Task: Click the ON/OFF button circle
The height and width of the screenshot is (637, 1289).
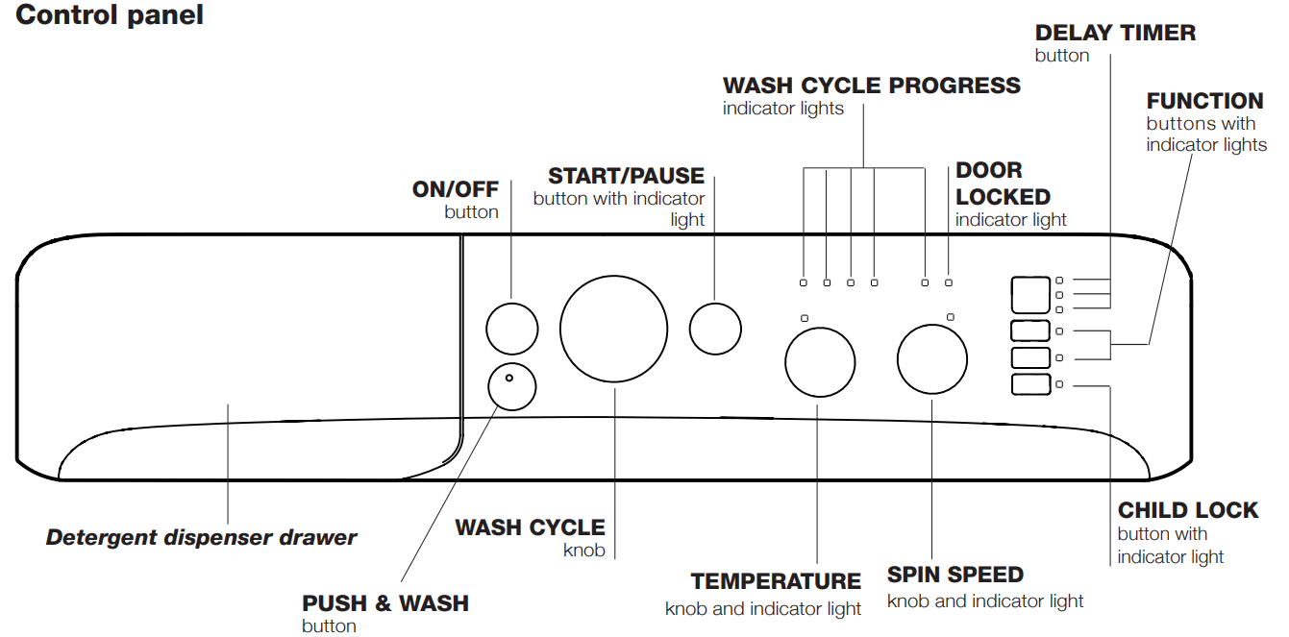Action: point(511,329)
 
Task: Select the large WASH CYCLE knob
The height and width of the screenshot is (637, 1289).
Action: point(613,329)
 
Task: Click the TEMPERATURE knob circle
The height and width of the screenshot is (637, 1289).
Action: point(819,362)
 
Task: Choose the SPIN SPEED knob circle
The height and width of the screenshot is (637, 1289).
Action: point(931,359)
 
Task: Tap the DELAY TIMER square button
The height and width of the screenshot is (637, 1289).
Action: point(1029,295)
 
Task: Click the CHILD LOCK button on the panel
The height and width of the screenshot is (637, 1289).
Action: point(1029,385)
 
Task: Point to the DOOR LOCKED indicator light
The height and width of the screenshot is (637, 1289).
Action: point(949,282)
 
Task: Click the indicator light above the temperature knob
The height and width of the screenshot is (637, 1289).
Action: point(805,318)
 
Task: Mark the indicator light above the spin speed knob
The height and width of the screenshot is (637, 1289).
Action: point(950,317)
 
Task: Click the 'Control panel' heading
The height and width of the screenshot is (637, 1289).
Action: point(110,16)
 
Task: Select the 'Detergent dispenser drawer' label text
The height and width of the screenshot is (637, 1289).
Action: point(201,537)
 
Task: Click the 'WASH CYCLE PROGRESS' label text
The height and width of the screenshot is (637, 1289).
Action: point(871,86)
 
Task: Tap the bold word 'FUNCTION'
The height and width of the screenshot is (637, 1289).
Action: point(1204,101)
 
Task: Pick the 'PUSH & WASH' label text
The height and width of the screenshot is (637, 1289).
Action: point(385,603)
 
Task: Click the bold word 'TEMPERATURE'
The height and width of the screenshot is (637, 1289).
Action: point(776,581)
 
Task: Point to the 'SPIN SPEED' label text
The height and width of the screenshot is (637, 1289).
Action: point(954,575)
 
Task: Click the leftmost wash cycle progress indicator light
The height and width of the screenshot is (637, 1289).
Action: point(804,282)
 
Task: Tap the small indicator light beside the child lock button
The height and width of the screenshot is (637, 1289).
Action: point(1059,385)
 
